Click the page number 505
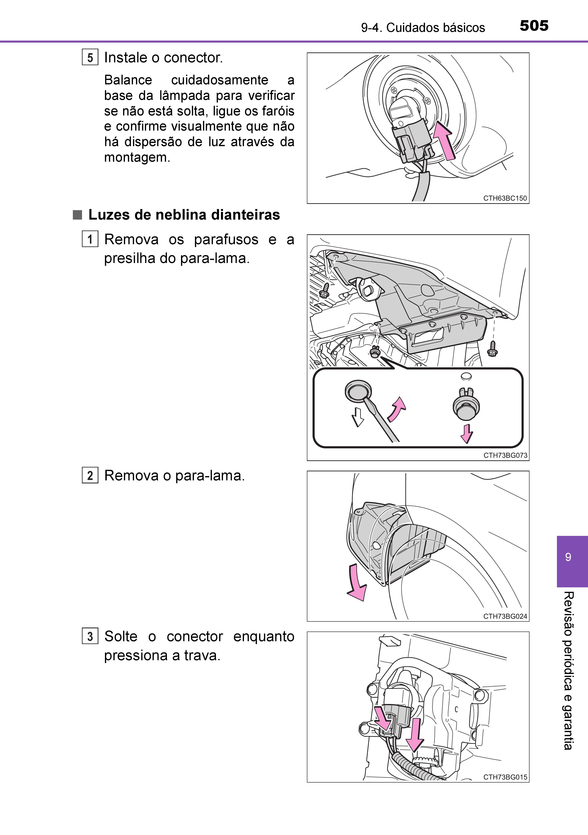click(x=534, y=26)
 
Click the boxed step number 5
click(x=90, y=58)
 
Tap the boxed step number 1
click(x=90, y=240)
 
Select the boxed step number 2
click(x=90, y=476)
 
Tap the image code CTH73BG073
click(x=505, y=455)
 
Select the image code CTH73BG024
click(x=505, y=616)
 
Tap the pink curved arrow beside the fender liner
click(x=356, y=584)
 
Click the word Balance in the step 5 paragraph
click(x=128, y=80)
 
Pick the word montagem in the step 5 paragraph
click(x=137, y=157)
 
